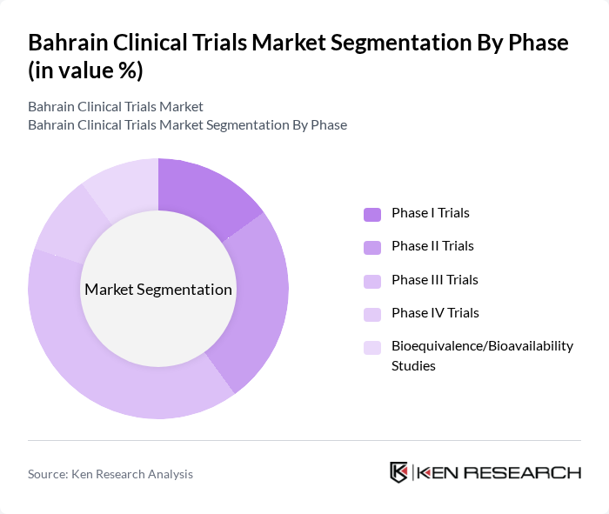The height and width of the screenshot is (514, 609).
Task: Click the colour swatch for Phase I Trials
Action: [372, 214]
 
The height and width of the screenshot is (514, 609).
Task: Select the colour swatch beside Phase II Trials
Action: [372, 247]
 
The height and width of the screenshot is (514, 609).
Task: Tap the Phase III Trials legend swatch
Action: [372, 281]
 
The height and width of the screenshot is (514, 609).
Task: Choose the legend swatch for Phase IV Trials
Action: [372, 314]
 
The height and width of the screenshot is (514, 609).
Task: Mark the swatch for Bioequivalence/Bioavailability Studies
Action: [372, 347]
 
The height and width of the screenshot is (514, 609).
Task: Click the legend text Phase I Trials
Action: [431, 213]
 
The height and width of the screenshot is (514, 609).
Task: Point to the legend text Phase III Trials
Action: [435, 280]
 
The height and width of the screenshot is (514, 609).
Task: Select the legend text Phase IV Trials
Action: [435, 313]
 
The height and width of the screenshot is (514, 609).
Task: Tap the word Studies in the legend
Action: [413, 366]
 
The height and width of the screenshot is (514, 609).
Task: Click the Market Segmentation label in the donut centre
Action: [158, 290]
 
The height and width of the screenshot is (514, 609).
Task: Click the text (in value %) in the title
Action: [85, 71]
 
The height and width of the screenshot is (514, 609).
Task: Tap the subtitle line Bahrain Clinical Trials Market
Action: [116, 106]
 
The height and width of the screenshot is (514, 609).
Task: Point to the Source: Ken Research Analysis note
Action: [110, 474]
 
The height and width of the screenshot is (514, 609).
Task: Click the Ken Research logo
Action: [485, 472]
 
